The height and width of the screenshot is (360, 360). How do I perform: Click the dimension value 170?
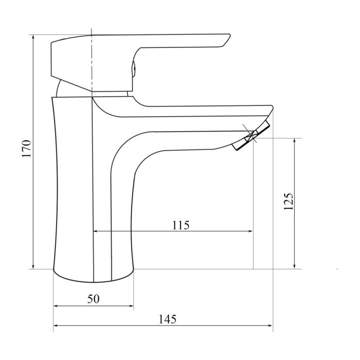pyautogui.click(x=27, y=149)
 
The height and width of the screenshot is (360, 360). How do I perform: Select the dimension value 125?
pyautogui.click(x=289, y=202)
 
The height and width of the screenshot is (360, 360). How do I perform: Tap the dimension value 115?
pyautogui.click(x=181, y=225)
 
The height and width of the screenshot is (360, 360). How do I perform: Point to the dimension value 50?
pyautogui.click(x=93, y=299)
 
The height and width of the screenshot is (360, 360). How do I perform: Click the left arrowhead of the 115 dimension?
pyautogui.click(x=97, y=232)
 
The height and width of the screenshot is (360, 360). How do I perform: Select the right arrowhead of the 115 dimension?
pyautogui.click(x=250, y=232)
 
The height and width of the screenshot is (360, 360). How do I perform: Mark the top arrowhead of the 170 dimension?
pyautogui.click(x=33, y=38)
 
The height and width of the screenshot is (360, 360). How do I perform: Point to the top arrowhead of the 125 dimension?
pyautogui.click(x=295, y=141)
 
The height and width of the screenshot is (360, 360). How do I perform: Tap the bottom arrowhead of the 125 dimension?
pyautogui.click(x=295, y=266)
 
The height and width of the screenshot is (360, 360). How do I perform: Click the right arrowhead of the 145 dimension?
pyautogui.click(x=269, y=326)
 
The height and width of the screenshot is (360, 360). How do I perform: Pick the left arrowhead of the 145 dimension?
pyautogui.click(x=57, y=326)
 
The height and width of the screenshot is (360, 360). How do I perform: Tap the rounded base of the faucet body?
pyautogui.click(x=93, y=276)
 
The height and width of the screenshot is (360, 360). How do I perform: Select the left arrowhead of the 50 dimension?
pyautogui.click(x=57, y=307)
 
